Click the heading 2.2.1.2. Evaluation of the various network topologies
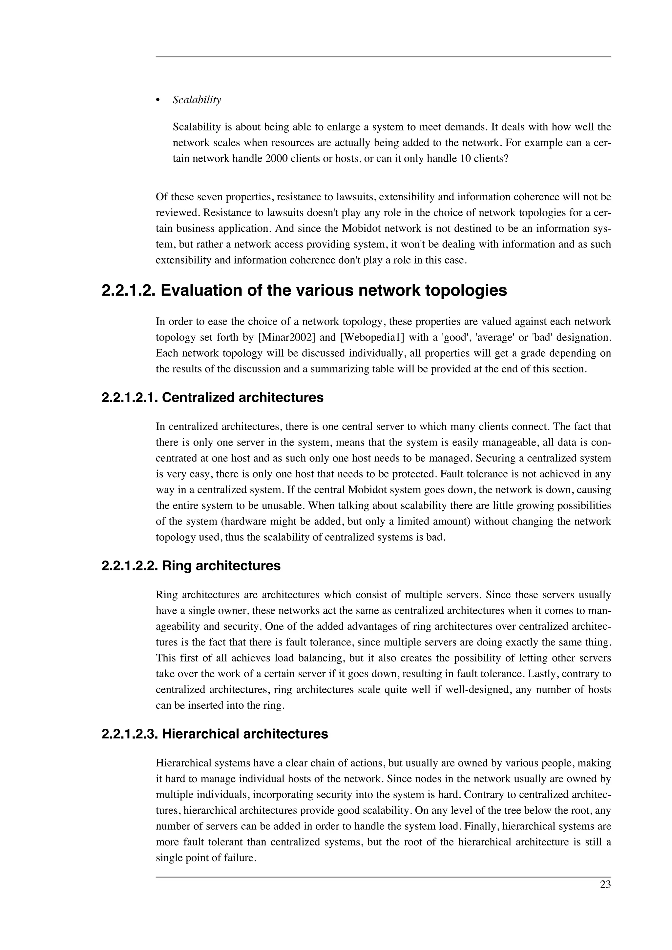point(304,291)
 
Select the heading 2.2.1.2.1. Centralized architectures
point(212,398)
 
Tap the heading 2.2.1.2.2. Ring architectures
point(191,565)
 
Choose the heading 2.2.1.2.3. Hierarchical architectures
point(215,734)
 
